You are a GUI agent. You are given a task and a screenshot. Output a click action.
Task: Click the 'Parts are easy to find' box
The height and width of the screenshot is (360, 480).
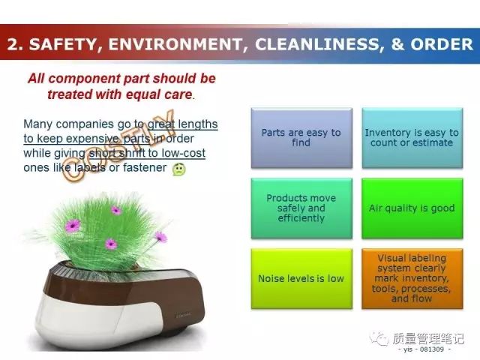click(x=301, y=138)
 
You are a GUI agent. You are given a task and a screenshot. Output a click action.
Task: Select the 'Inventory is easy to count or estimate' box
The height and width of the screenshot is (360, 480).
click(x=412, y=138)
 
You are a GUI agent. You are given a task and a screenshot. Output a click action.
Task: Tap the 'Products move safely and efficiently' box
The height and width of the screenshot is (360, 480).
click(x=301, y=208)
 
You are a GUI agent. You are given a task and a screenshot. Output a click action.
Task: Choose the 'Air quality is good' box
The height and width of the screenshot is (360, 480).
click(x=412, y=208)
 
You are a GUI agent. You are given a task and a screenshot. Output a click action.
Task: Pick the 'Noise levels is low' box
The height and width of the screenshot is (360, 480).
click(x=301, y=278)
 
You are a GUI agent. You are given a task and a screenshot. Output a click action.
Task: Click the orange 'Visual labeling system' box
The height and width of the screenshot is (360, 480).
click(x=412, y=278)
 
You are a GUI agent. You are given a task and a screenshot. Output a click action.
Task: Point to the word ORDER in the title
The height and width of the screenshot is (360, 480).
click(x=442, y=44)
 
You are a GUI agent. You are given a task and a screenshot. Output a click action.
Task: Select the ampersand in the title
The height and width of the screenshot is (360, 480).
click(x=397, y=44)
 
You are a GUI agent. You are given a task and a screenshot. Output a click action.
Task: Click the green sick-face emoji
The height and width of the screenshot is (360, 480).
click(x=178, y=169)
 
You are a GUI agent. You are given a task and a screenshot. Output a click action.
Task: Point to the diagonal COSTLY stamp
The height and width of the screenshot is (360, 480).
click(x=118, y=145)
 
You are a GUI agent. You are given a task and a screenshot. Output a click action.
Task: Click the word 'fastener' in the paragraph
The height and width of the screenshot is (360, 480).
click(x=145, y=167)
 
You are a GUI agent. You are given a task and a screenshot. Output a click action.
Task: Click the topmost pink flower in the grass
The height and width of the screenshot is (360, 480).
click(x=115, y=210)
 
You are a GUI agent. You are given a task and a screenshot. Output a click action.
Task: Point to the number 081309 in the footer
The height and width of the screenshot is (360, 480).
click(x=432, y=349)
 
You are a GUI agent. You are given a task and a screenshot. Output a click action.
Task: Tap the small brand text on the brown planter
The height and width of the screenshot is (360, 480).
click(x=183, y=314)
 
